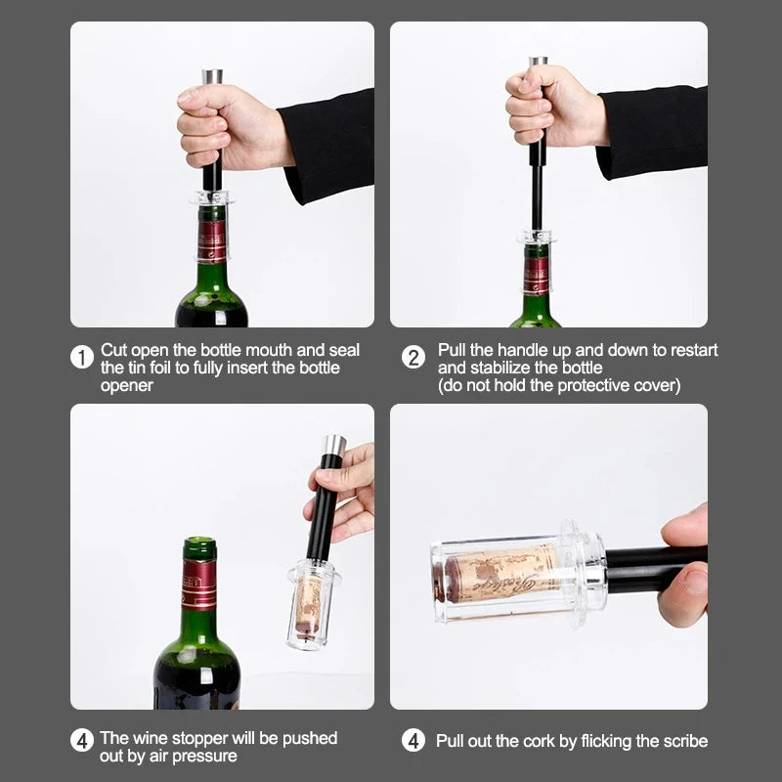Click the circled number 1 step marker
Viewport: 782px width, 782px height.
tap(82, 358)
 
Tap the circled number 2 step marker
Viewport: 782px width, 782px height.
tap(413, 358)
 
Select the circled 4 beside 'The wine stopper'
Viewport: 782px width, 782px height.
tap(82, 741)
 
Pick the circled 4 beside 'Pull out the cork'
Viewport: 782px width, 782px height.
tap(413, 741)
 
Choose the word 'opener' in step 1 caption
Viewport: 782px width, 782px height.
tap(127, 385)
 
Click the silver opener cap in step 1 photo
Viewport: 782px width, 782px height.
tap(212, 76)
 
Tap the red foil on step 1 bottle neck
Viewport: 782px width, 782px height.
tap(211, 240)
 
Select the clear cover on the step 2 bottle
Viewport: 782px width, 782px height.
tap(537, 238)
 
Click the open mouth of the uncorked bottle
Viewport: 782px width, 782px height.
tap(199, 542)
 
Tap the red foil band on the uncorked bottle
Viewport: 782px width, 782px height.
tap(198, 584)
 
